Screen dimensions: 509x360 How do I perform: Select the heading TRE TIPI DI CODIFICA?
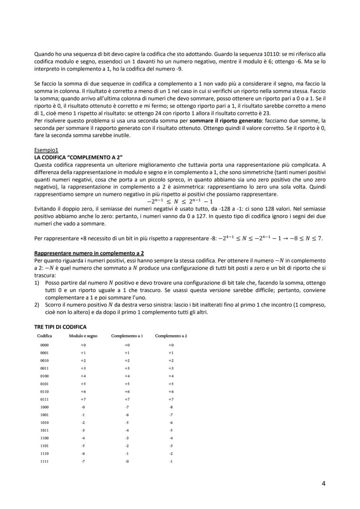coord(60,326)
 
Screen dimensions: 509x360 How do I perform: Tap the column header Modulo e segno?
coord(83,336)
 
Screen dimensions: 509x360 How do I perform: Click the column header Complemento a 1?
coord(127,336)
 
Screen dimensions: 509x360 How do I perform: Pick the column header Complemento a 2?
coord(171,336)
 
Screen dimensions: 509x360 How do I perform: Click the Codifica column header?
coord(44,336)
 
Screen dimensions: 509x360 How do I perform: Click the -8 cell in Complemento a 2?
coord(171,407)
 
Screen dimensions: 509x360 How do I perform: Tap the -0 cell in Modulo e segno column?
coord(83,407)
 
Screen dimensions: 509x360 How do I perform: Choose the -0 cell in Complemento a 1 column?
coord(127,461)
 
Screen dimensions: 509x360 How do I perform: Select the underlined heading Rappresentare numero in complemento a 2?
coord(89,253)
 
